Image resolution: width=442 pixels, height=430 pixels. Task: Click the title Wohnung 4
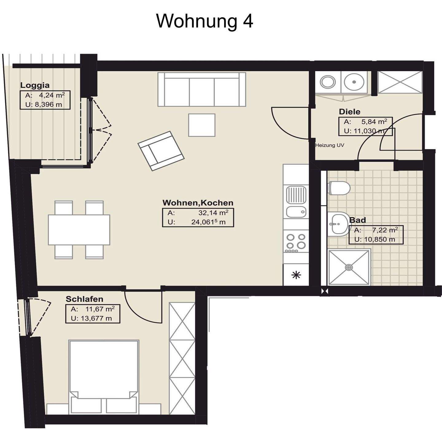coord(205,21)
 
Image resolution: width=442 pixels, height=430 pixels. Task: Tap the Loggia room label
coord(35,85)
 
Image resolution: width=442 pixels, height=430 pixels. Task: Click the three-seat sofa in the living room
coord(202,89)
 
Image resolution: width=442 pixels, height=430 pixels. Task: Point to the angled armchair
coord(161,151)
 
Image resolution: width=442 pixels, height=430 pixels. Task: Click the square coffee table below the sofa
coord(202,125)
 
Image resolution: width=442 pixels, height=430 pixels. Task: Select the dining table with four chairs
coord(79,230)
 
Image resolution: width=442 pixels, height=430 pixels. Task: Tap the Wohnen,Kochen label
coord(198,203)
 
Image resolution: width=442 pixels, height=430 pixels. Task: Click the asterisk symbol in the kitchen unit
coord(296,275)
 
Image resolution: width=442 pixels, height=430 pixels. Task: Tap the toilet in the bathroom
coord(339,188)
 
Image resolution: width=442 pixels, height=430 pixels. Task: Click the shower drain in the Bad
coord(349,267)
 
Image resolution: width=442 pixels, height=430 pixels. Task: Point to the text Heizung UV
coord(329,145)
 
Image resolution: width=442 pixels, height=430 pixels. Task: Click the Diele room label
coord(349,112)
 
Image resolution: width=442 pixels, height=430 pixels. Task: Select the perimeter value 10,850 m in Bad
coord(379,240)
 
